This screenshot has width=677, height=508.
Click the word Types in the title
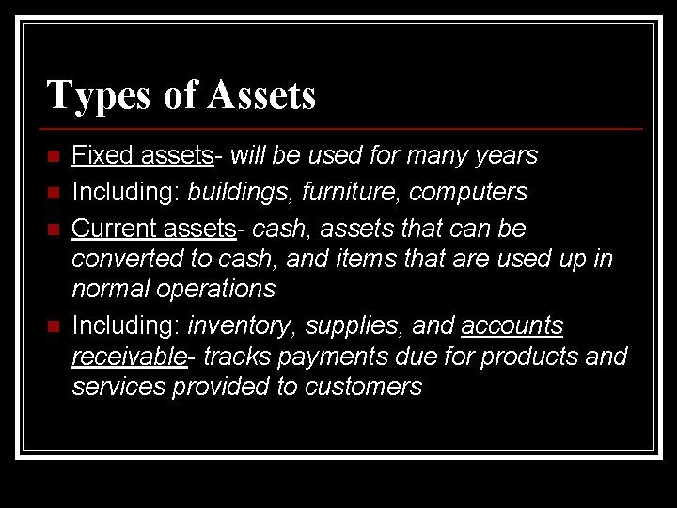88,96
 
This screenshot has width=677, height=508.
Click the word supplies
354,327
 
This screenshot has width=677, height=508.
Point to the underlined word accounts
512,326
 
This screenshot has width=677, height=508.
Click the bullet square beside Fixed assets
53,155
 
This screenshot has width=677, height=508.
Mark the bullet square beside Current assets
53,230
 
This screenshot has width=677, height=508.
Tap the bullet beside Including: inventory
53,326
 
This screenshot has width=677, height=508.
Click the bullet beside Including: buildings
53,193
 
